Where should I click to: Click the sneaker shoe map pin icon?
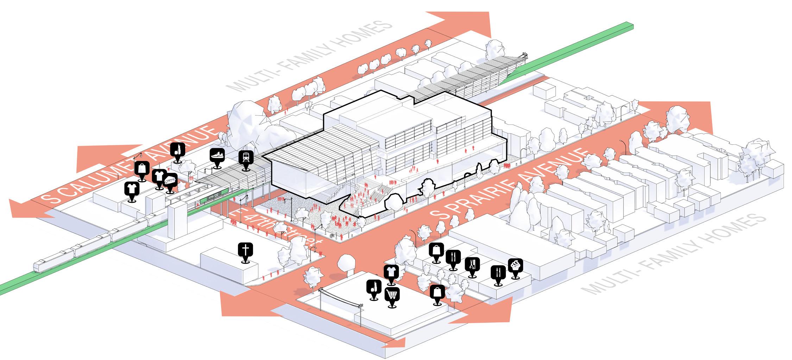point(217,155)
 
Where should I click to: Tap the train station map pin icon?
point(245,158)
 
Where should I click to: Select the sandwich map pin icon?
point(170,181)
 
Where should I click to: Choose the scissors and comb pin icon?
point(472,264)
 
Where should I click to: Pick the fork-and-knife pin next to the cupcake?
point(498,272)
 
